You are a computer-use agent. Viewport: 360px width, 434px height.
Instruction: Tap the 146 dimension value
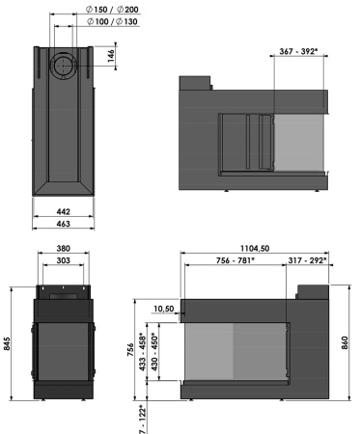(x=112, y=58)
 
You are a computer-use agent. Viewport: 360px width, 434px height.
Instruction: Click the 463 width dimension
(x=62, y=224)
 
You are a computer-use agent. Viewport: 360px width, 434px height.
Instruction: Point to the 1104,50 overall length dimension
(x=256, y=249)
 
